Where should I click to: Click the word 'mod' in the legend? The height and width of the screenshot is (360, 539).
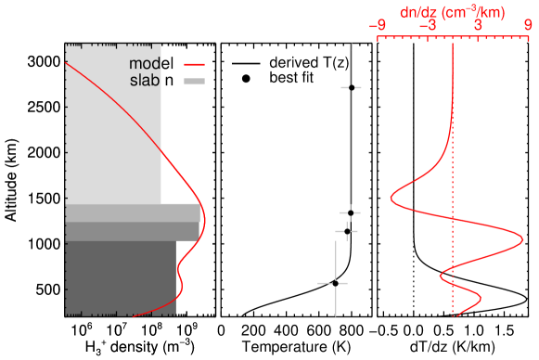144,64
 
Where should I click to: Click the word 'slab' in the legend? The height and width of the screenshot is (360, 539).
144,81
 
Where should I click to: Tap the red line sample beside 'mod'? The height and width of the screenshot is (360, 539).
194,64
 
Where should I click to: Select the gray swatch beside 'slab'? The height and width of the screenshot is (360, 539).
194,81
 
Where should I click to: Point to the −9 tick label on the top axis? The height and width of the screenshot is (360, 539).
378,26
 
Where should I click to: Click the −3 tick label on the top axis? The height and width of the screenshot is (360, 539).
428,26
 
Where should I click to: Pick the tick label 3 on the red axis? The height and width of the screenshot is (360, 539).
478,26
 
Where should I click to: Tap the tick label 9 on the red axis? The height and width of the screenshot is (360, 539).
528,26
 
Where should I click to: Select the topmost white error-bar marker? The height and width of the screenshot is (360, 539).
351,87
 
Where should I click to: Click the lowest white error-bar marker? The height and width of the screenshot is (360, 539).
334,282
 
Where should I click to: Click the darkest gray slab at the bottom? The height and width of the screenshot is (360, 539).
121,277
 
